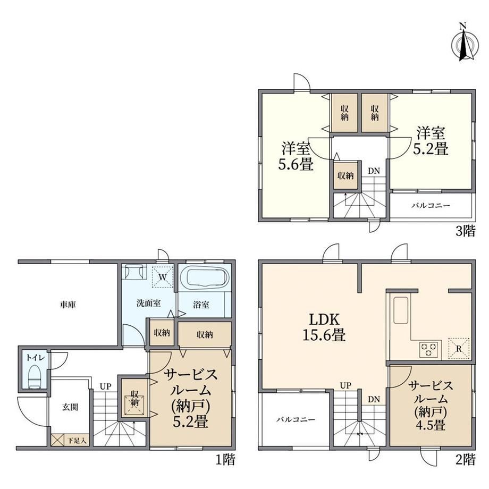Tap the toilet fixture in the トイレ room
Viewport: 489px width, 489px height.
(x=35, y=376)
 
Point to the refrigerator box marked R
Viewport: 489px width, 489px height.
(x=459, y=348)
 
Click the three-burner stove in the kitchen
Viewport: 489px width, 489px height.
(x=429, y=349)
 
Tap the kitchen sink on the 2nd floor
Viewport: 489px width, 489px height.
(x=401, y=310)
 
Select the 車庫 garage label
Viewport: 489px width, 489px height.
(x=68, y=305)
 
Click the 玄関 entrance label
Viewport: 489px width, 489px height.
(x=70, y=407)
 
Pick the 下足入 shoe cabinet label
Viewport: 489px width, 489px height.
(x=77, y=441)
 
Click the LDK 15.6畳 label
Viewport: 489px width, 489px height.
(x=324, y=327)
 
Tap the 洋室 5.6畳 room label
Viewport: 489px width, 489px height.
(x=296, y=156)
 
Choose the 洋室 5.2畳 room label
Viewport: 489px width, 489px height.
(x=431, y=141)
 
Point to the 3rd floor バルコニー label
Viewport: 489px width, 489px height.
(x=431, y=206)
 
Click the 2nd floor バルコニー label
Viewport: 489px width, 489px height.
(x=296, y=419)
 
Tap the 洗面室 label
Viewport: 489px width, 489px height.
(x=148, y=303)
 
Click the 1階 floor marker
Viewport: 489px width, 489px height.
(x=225, y=459)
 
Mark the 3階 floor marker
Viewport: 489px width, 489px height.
(x=466, y=231)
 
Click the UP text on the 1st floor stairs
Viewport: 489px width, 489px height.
(x=105, y=386)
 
